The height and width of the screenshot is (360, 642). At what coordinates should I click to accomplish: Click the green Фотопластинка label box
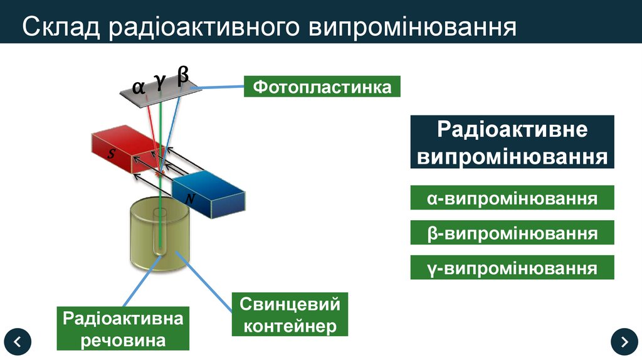[x=322, y=87]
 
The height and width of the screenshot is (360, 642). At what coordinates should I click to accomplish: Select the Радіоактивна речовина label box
[x=123, y=329]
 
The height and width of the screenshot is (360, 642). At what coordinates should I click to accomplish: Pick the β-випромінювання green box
[x=512, y=233]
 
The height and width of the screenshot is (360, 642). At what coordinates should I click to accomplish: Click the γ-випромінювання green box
[x=512, y=268]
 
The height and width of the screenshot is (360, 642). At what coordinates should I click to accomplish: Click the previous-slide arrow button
[x=18, y=342]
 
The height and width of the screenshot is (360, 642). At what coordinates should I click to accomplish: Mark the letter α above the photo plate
[x=139, y=86]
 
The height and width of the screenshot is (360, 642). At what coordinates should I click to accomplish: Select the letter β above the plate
[x=182, y=75]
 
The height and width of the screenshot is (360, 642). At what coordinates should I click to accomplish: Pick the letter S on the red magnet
[x=112, y=155]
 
